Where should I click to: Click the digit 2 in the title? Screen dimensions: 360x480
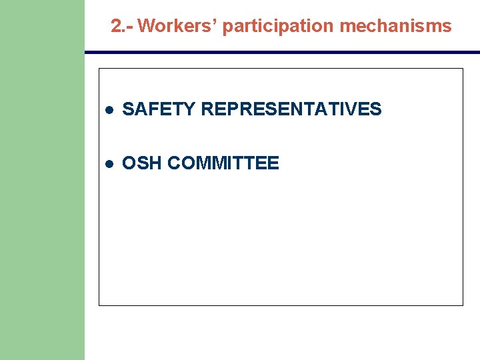pyautogui.click(x=116, y=26)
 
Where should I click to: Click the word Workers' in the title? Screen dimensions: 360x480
pyautogui.click(x=177, y=26)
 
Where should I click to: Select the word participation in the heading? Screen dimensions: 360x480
pyautogui.click(x=279, y=26)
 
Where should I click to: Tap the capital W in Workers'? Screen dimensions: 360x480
pyautogui.click(x=146, y=26)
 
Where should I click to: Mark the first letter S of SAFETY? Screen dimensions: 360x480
pyautogui.click(x=129, y=109)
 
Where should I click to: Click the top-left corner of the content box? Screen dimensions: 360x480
pyautogui.click(x=99, y=69)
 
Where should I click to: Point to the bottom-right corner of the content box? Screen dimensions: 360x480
pyautogui.click(x=462, y=305)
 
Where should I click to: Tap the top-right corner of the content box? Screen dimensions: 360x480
pyautogui.click(x=462, y=69)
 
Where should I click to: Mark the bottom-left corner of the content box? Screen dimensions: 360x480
pyautogui.click(x=99, y=305)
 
